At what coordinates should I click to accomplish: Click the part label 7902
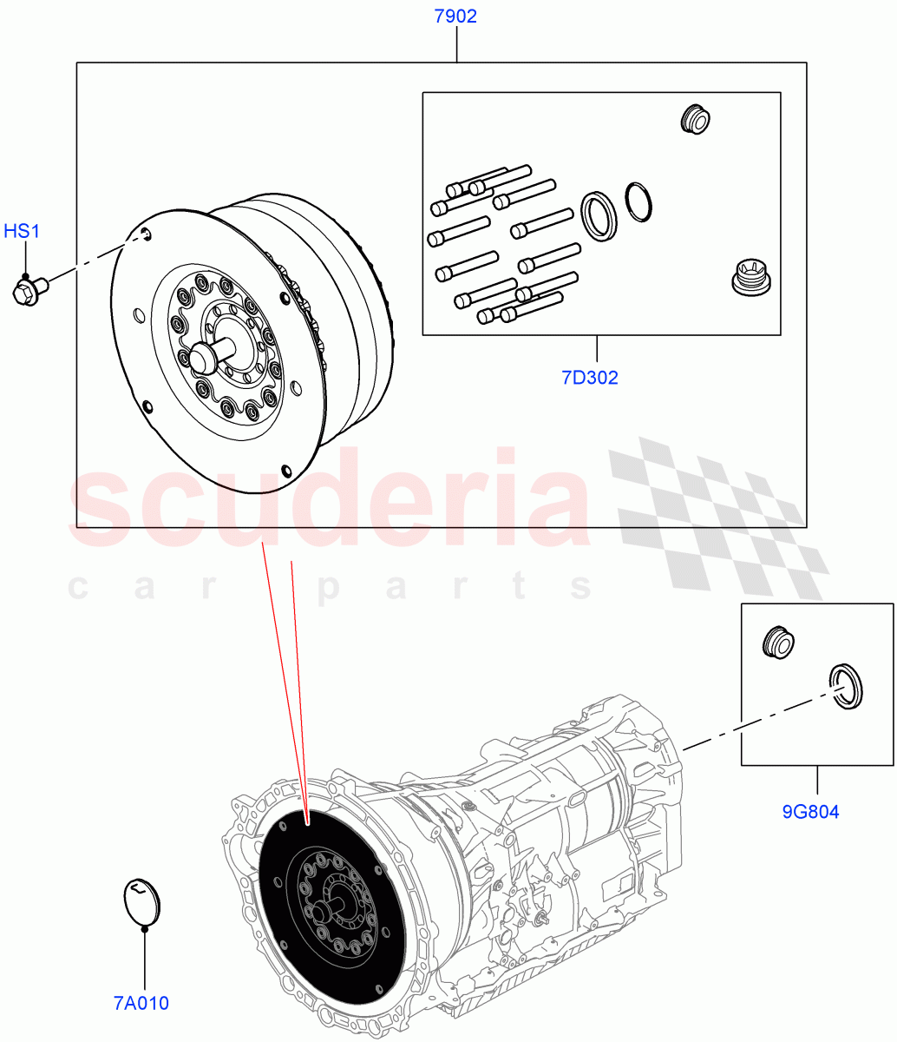pyautogui.click(x=455, y=16)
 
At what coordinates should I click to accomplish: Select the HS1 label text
pyautogui.click(x=23, y=231)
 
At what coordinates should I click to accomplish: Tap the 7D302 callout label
pyautogui.click(x=589, y=378)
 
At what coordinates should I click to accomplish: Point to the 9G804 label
pyautogui.click(x=810, y=812)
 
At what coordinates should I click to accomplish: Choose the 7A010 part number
pyautogui.click(x=141, y=1003)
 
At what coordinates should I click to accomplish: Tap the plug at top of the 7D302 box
pyautogui.click(x=695, y=119)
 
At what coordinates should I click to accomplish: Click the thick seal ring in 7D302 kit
pyautogui.click(x=599, y=214)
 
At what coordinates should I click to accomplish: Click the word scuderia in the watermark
pyautogui.click(x=330, y=504)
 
